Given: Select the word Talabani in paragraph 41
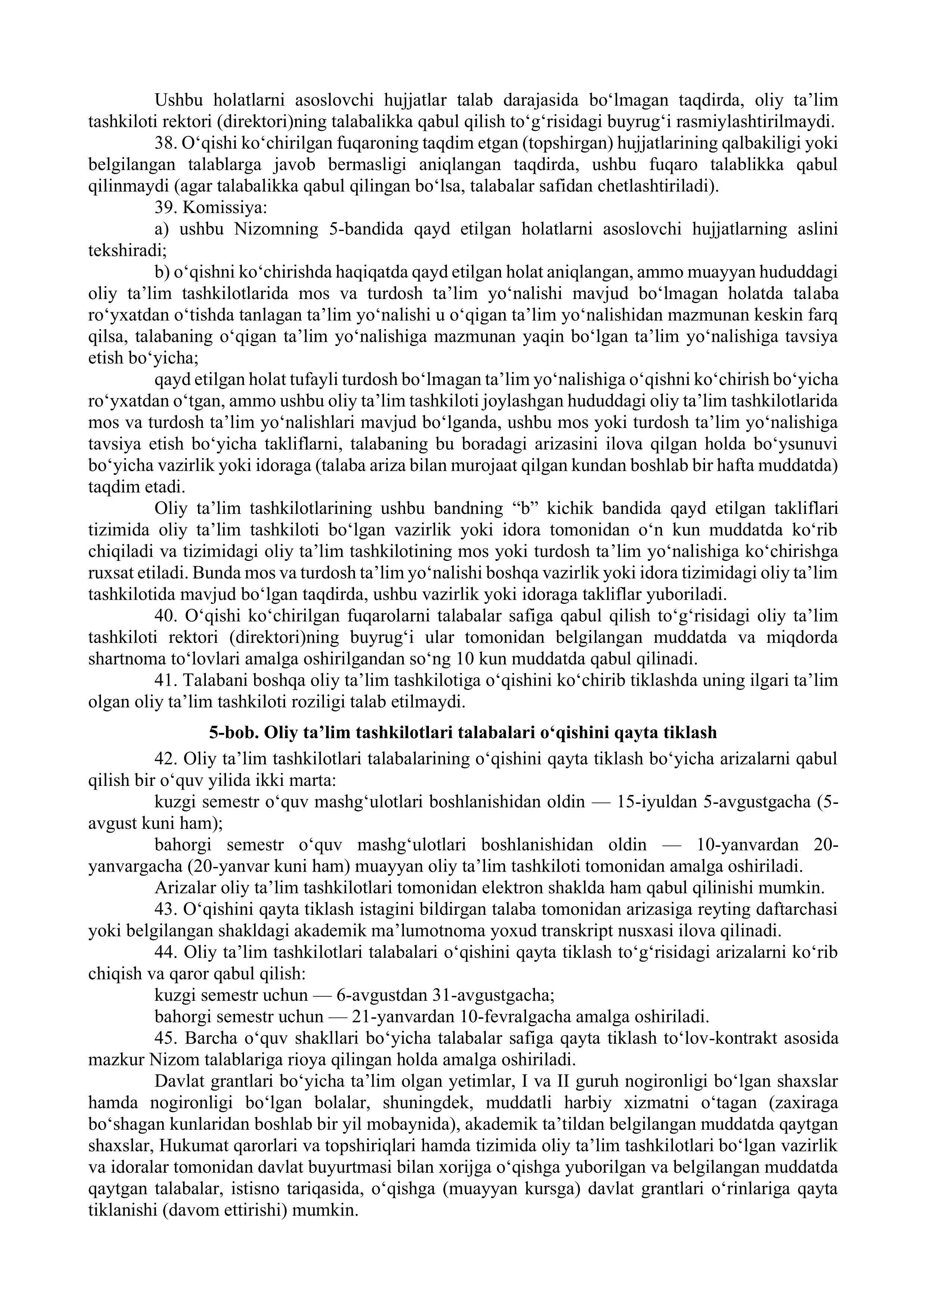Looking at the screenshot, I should coord(215,681).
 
